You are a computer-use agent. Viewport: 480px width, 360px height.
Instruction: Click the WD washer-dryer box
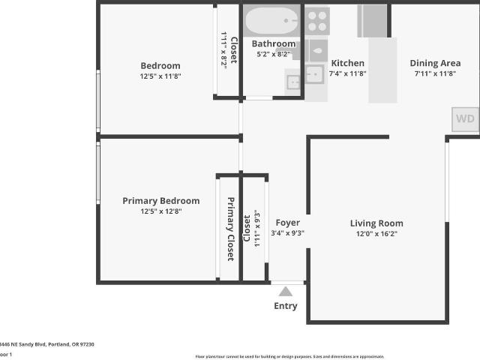point(465,118)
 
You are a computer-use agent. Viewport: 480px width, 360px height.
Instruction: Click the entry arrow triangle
point(285,292)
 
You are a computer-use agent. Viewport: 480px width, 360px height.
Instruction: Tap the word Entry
point(285,306)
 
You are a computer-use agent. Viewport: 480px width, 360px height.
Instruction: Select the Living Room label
point(376,223)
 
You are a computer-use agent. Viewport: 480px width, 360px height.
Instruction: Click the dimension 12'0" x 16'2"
point(376,234)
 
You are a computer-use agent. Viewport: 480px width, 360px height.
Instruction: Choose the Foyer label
point(287,223)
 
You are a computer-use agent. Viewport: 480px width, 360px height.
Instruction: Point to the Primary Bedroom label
point(160,200)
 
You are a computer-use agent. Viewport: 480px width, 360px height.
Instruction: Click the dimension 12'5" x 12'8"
point(160,211)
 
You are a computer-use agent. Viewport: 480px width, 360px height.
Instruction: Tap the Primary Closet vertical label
point(231,229)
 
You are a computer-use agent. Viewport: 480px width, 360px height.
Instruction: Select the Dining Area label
point(435,63)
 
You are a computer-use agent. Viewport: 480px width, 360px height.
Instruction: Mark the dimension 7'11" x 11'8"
point(435,74)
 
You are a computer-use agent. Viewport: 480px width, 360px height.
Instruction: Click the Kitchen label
point(348,63)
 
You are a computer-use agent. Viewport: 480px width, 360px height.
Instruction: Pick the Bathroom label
point(273,43)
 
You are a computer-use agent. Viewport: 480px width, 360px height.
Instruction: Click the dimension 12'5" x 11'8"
point(160,76)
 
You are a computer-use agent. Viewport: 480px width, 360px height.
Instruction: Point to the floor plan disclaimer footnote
point(289,356)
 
